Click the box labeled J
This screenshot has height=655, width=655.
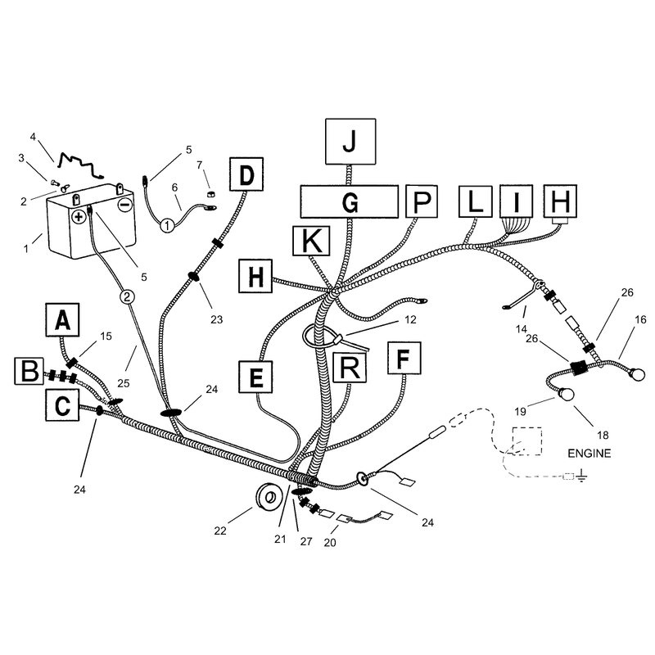click(x=350, y=142)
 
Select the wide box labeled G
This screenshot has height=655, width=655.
click(x=350, y=202)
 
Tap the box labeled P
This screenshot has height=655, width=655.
click(x=422, y=201)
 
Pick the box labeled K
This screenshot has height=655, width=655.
click(x=311, y=241)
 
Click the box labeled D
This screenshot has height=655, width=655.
click(x=246, y=174)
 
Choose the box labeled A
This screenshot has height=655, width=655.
click(x=62, y=319)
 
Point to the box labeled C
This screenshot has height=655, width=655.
click(x=62, y=404)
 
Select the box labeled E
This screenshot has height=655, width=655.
click(x=255, y=377)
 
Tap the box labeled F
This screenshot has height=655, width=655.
click(x=404, y=358)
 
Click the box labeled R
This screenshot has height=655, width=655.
click(x=350, y=368)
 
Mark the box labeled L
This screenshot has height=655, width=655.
click(x=475, y=201)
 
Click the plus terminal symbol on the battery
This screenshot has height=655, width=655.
click(x=79, y=216)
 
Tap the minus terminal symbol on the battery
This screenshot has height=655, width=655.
click(x=125, y=205)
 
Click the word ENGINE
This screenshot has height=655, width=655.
click(x=589, y=454)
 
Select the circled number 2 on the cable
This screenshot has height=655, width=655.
click(x=128, y=297)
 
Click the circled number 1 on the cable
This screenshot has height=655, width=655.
click(x=167, y=226)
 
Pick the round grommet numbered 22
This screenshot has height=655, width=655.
click(x=269, y=497)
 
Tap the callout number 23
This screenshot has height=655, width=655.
click(x=216, y=319)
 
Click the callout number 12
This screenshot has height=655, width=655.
click(x=411, y=319)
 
